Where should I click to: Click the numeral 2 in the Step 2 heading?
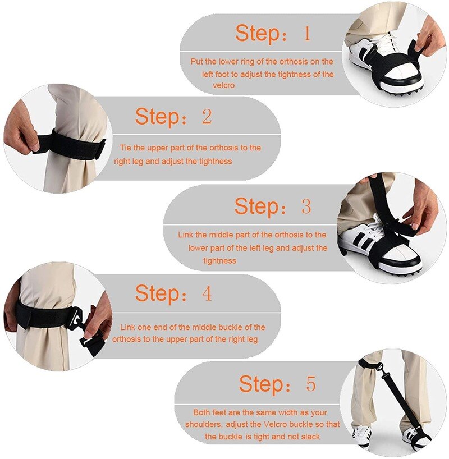[x=207, y=117]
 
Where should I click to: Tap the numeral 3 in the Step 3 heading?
[x=306, y=206]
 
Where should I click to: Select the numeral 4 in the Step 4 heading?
[x=207, y=293]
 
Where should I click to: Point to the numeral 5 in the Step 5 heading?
[x=310, y=384]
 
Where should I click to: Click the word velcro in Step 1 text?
[x=223, y=86]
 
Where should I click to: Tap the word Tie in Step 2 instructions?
[x=125, y=148]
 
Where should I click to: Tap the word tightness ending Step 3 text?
[x=219, y=261]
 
